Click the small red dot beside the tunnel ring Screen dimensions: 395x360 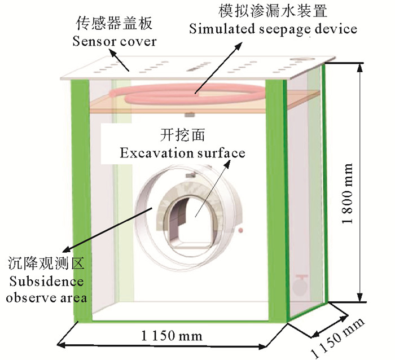pos(241,231)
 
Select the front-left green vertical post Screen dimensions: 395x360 pos(80,197)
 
